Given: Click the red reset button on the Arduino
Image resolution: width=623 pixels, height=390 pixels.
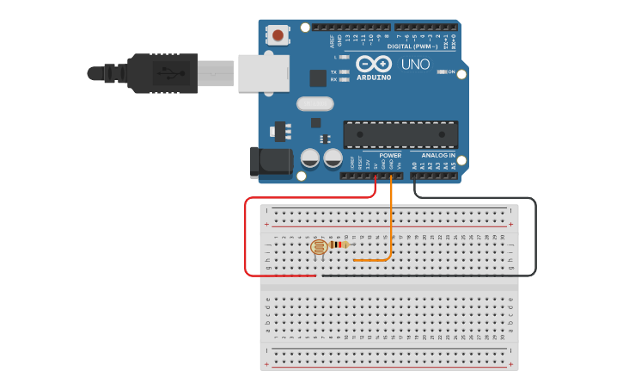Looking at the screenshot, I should click(278, 35).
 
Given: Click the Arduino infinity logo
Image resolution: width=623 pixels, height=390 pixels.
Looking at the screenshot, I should click(374, 64).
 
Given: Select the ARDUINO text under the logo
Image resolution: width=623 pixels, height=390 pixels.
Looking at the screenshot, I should click(374, 77).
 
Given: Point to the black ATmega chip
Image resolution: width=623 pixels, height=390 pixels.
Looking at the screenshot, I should click(400, 134).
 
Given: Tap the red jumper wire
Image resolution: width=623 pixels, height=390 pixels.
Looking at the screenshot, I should click(247, 241).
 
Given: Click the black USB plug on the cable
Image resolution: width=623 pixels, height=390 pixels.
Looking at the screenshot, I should click(163, 72).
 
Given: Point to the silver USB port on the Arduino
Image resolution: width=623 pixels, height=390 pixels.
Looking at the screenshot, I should click(263, 72).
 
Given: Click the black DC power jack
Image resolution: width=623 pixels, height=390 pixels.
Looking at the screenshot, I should click(269, 162).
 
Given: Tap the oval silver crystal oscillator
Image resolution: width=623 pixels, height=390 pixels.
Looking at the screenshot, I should click(315, 104).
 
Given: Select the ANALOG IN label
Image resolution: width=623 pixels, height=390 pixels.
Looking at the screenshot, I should click(438, 156).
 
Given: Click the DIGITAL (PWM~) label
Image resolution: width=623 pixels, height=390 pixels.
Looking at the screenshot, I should click(412, 46).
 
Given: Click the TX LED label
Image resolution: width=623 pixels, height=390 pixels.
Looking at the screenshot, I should click(333, 72).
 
